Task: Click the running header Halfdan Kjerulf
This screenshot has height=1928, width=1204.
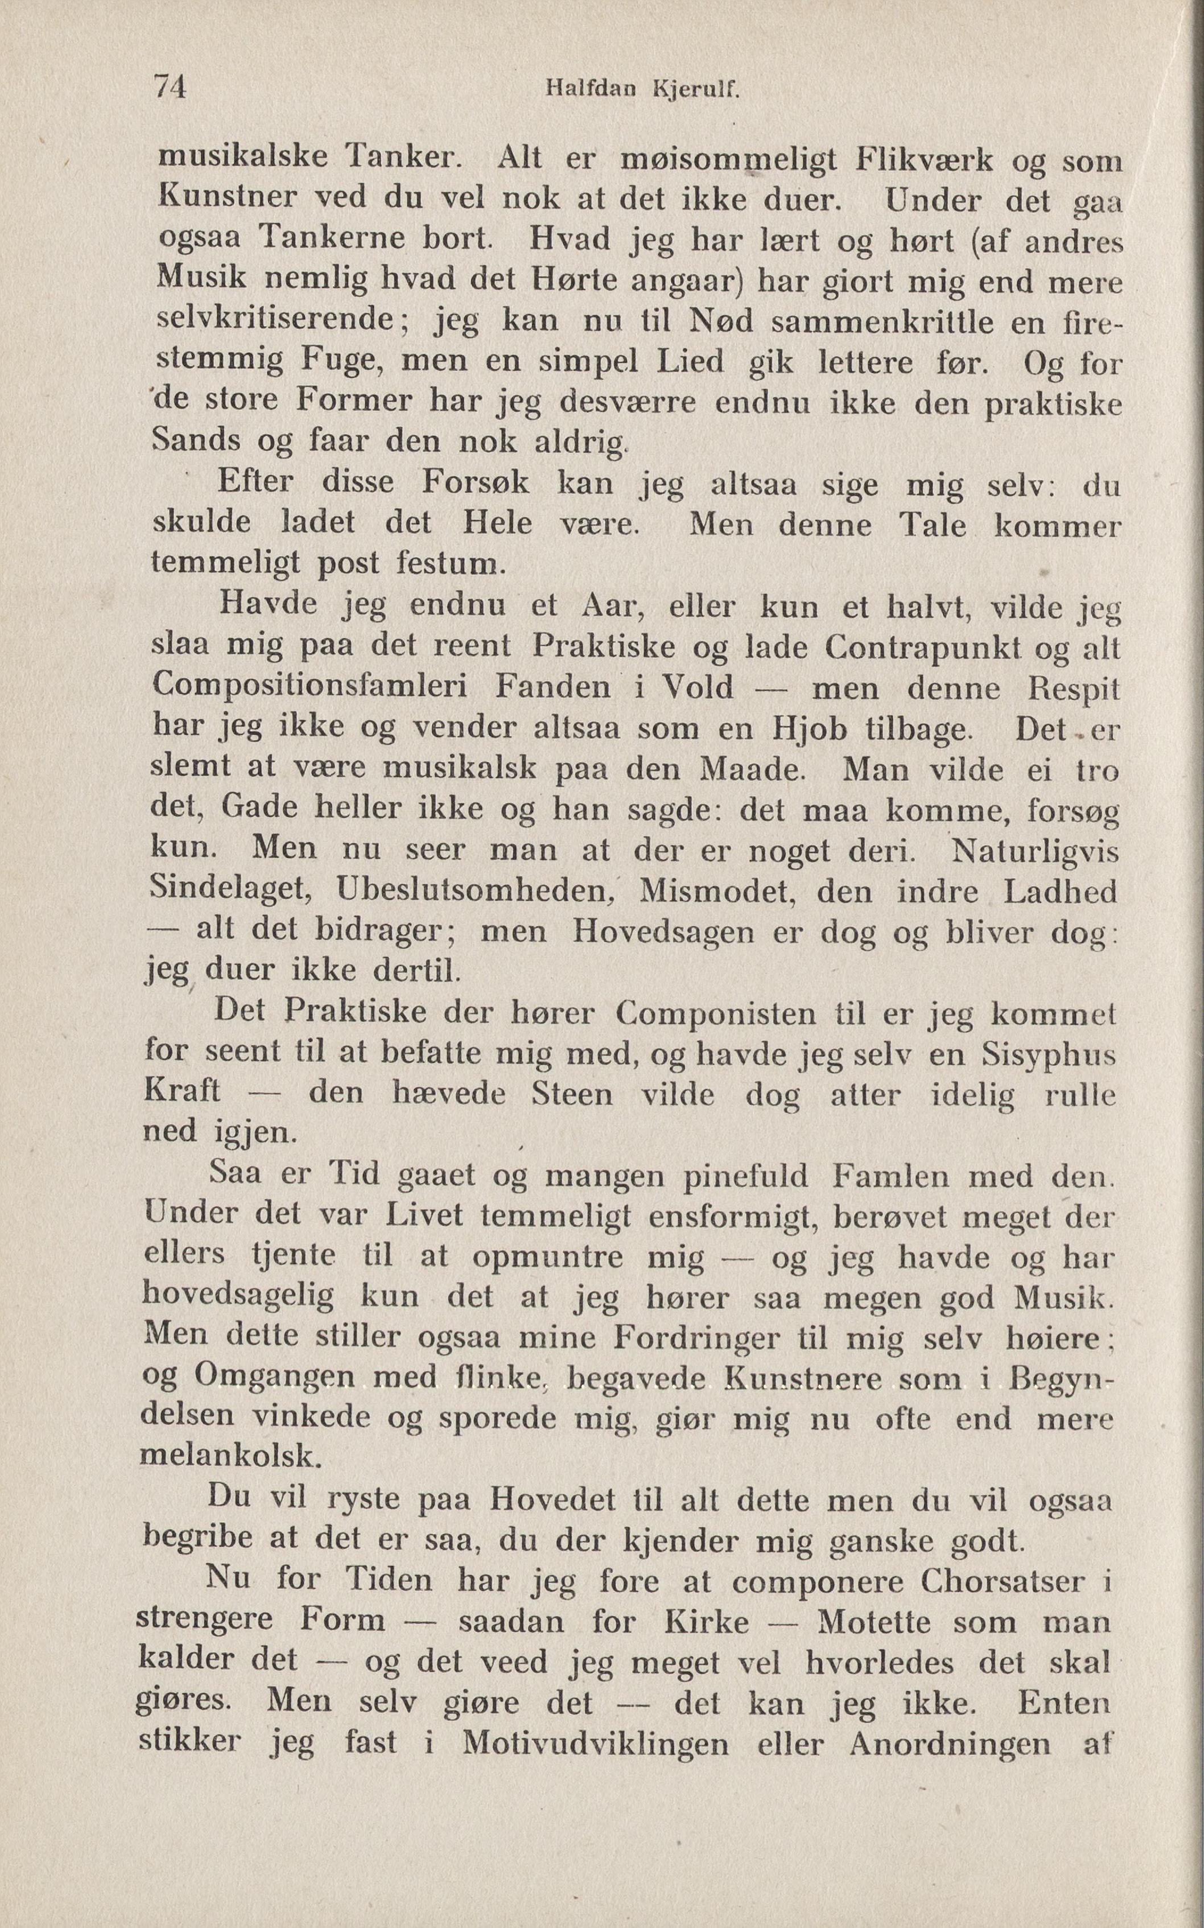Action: [642, 90]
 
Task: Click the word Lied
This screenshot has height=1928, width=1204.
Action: [690, 362]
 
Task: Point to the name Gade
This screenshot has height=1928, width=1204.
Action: [257, 808]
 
